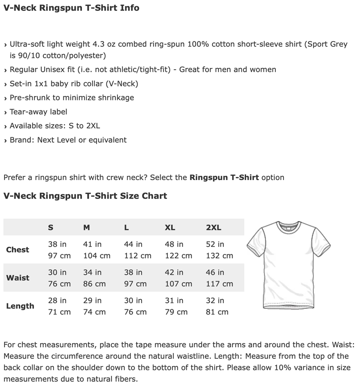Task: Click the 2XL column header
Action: (x=213, y=227)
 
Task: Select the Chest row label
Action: (x=18, y=250)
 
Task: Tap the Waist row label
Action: (x=18, y=278)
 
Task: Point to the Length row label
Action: (x=20, y=306)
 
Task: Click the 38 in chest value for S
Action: (x=57, y=244)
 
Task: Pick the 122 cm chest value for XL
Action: (x=178, y=256)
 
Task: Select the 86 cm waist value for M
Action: (x=94, y=284)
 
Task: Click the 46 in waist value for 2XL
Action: (x=215, y=272)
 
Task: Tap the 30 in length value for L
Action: (x=133, y=300)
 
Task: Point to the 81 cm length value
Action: (x=217, y=312)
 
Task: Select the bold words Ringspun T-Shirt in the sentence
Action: (x=224, y=177)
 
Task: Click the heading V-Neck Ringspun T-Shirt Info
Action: (x=71, y=8)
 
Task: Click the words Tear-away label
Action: (x=38, y=112)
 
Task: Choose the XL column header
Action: (x=170, y=227)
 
